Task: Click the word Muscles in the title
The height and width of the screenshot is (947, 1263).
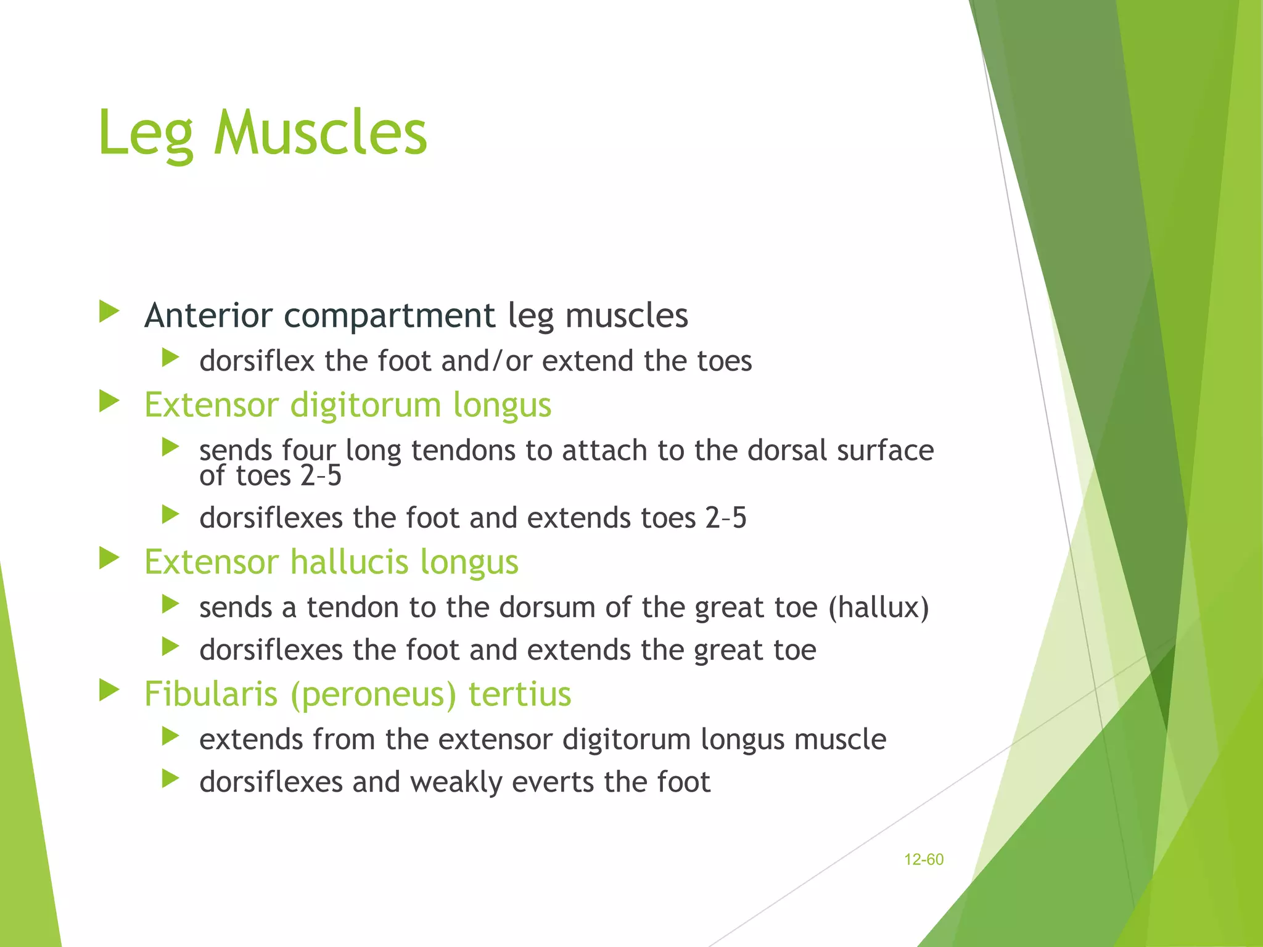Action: coord(320,133)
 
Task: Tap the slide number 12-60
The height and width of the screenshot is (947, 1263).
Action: coord(923,859)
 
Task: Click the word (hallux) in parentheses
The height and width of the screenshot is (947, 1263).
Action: coord(878,608)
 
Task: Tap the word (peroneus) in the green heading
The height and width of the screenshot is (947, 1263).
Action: coord(373,695)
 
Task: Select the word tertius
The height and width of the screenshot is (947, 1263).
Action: coord(519,694)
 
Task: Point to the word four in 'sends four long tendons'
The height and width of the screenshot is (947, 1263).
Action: coord(309,451)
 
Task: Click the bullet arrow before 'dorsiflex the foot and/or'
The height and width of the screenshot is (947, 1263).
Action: coord(170,358)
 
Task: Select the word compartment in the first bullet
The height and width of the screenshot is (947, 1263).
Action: coord(389,316)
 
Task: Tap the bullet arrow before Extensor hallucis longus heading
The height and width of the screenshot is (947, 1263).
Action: coord(109,559)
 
